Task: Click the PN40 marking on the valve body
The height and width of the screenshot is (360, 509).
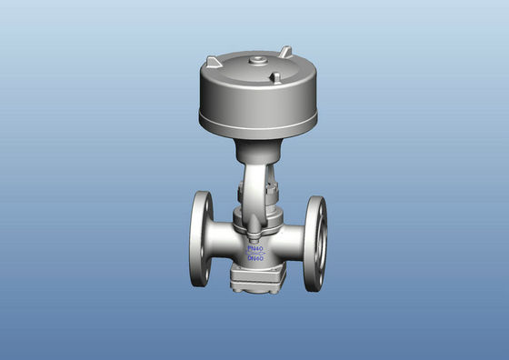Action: point(255,245)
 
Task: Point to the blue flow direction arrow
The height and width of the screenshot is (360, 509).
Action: point(255,253)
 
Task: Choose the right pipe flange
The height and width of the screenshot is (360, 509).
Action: point(314,244)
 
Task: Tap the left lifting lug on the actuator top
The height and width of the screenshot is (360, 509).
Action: point(214,61)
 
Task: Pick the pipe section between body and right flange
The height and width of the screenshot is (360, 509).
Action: point(293,244)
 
